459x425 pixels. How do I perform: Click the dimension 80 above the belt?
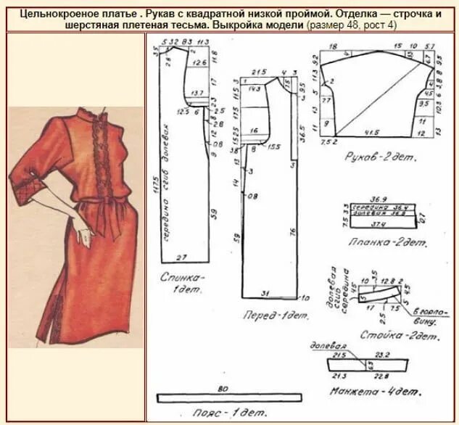pyautogui.click(x=223, y=387)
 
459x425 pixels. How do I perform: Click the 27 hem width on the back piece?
pyautogui.click(x=181, y=256)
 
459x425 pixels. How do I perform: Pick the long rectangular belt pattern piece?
pyautogui.click(x=223, y=399)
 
